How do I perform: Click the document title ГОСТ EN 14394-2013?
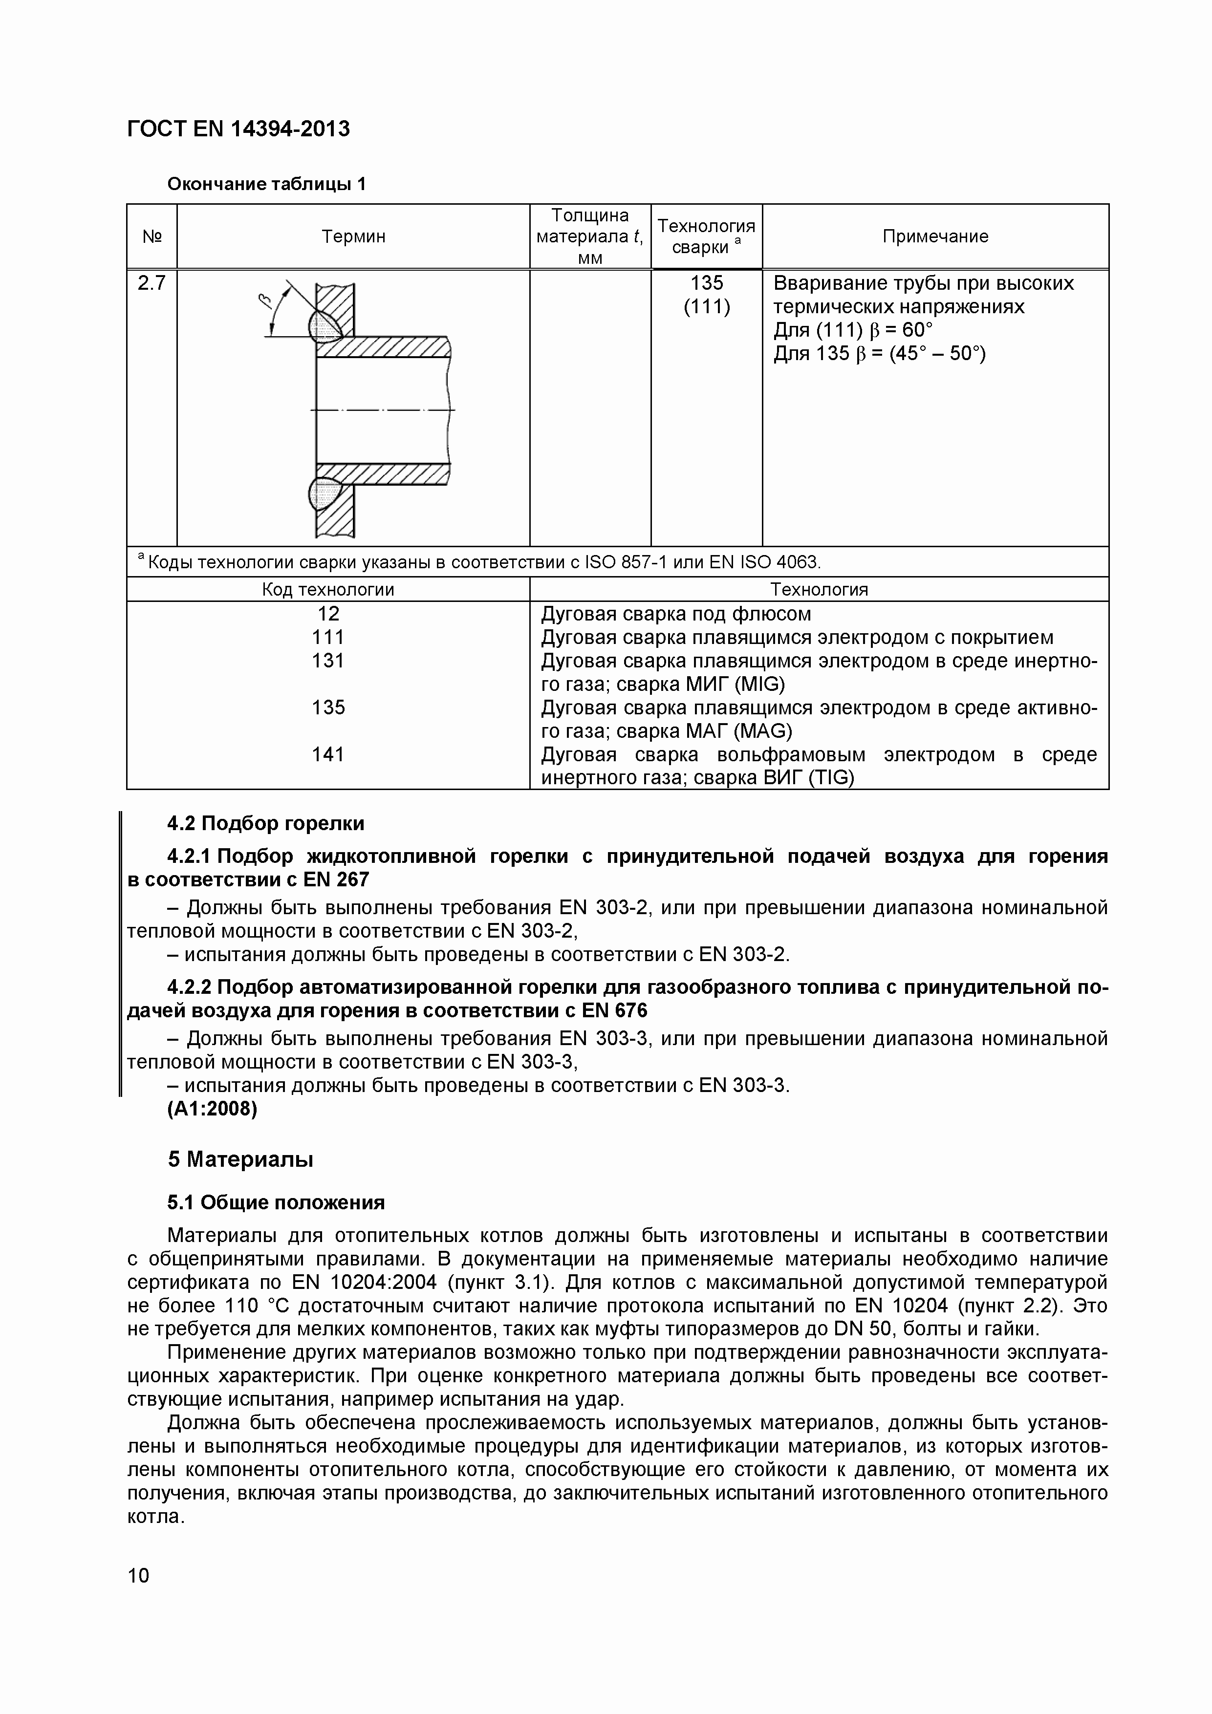coord(238,129)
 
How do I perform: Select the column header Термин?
coord(353,236)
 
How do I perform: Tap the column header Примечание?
coord(935,236)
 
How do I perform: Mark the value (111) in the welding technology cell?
coord(707,307)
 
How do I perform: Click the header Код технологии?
coord(328,590)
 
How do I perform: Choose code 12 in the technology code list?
coord(328,614)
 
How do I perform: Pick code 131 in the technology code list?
coord(328,661)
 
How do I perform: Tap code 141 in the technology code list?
coord(328,755)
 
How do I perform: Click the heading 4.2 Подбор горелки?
coord(266,823)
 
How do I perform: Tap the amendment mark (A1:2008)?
coord(212,1109)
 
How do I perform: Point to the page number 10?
coord(138,1576)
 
